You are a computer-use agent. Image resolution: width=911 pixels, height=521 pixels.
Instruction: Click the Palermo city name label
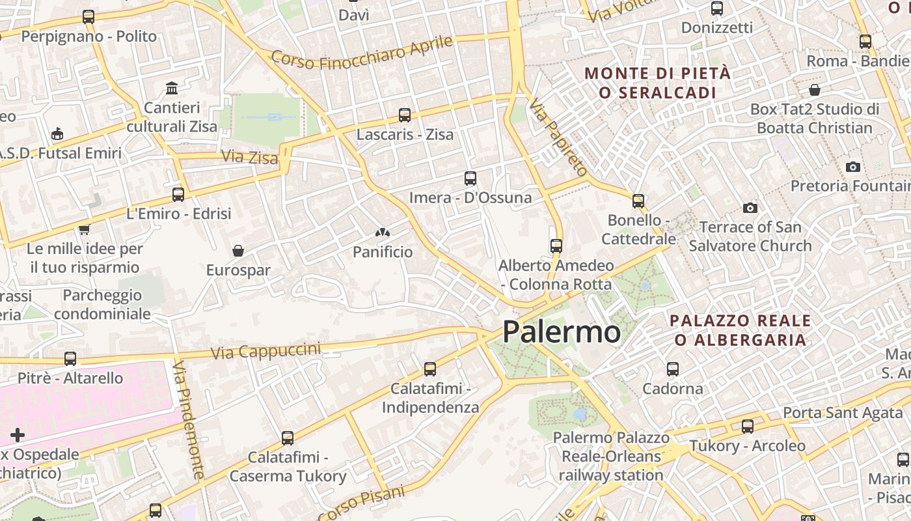point(562,332)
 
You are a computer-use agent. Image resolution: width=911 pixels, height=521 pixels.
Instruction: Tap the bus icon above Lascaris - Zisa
point(405,115)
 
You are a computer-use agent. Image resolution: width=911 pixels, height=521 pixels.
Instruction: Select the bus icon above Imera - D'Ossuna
point(470,178)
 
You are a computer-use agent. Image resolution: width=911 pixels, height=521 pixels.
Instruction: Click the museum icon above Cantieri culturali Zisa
point(172,88)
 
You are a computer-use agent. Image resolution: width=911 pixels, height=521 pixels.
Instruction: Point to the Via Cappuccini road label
point(266,351)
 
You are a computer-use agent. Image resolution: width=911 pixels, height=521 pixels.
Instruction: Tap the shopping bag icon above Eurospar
point(238,251)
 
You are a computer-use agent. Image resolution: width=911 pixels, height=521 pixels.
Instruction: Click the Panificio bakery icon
point(382,232)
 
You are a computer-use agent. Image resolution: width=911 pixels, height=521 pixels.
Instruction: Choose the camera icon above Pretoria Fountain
point(853,167)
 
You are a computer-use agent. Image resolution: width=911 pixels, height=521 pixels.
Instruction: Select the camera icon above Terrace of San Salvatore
point(750,208)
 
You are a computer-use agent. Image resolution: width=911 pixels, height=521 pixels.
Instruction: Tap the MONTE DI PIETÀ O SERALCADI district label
point(657,83)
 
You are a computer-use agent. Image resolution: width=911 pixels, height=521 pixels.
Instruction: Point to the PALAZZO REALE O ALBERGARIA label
point(740,330)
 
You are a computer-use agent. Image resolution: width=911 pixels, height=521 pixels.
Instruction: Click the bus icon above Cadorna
point(673,369)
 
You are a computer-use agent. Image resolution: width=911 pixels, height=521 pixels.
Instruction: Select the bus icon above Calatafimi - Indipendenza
point(430,369)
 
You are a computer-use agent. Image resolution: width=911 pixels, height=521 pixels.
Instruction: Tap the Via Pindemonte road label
point(189,420)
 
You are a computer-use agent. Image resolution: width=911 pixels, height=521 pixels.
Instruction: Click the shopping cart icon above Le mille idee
point(84,229)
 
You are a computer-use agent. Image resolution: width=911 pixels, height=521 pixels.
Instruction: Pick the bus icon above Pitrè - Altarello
point(70,359)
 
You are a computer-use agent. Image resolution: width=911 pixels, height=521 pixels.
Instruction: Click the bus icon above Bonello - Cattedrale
point(638,201)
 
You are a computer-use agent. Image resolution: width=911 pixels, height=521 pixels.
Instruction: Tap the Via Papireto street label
point(558,137)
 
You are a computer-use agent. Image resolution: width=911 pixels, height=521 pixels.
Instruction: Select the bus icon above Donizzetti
point(717,8)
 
